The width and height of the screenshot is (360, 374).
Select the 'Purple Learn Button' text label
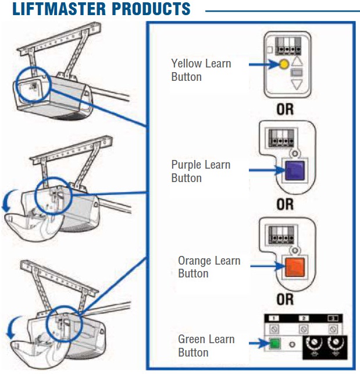pos(201,171)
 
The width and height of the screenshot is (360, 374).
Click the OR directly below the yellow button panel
pos(285,109)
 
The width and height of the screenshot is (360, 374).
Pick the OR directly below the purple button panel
pos(285,205)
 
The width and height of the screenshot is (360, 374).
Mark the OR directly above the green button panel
pos(285,301)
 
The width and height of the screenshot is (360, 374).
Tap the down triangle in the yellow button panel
pos(297,85)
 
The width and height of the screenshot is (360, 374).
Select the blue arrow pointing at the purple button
pos(265,170)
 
